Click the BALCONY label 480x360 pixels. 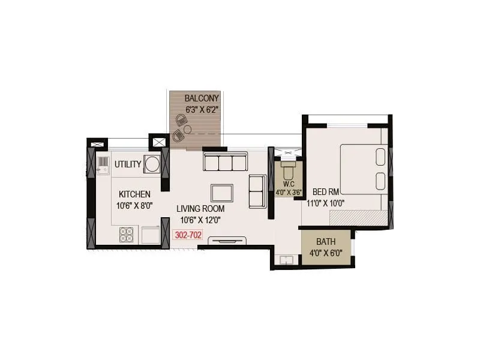pyautogui.click(x=202, y=98)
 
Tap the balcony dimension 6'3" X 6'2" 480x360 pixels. pyautogui.click(x=202, y=109)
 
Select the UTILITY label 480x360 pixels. pyautogui.click(x=128, y=164)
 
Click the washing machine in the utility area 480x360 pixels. pyautogui.click(x=152, y=164)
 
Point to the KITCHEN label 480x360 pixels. pyautogui.click(x=134, y=194)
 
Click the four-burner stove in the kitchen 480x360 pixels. pyautogui.click(x=126, y=234)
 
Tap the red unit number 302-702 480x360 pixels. pyautogui.click(x=187, y=236)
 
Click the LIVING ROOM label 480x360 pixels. pyautogui.click(x=200, y=209)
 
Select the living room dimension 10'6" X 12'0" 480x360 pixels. pyautogui.click(x=200, y=220)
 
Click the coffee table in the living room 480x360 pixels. pyautogui.click(x=221, y=193)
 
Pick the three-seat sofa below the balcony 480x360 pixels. pyautogui.click(x=225, y=162)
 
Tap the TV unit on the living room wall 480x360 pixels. pyautogui.click(x=227, y=241)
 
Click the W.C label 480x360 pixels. pyautogui.click(x=287, y=184)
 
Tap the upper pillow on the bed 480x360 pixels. pyautogui.click(x=380, y=156)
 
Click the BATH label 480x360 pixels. pyautogui.click(x=326, y=242)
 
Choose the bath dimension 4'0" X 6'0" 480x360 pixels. pyautogui.click(x=326, y=253)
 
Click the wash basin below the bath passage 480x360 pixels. pyautogui.click(x=286, y=260)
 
